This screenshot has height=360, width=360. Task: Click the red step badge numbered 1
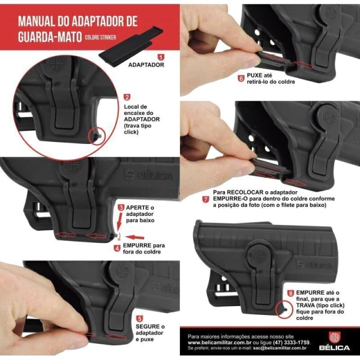[x=161, y=57]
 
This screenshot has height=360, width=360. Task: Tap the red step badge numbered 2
[x=127, y=97]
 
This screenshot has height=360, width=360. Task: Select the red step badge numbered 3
[x=121, y=208]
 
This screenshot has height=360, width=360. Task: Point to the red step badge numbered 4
[x=117, y=248]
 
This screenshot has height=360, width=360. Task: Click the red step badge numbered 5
[x=139, y=319]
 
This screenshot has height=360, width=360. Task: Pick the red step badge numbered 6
[x=241, y=79]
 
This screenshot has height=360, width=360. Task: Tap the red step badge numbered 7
[x=205, y=199]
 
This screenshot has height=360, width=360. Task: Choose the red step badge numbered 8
[x=291, y=293]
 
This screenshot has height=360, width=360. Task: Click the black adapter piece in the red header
[x=131, y=47]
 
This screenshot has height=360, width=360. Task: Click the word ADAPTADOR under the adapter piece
[x=146, y=65]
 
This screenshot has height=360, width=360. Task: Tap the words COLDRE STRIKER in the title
[x=100, y=38]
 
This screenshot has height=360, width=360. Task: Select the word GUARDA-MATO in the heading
[x=50, y=37]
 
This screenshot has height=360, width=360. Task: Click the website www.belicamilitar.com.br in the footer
[x=219, y=343]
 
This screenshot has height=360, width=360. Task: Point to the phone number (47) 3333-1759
[x=291, y=343]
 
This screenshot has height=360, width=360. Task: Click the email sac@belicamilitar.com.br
[x=280, y=348]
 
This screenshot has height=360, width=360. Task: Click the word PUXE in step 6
[x=255, y=75]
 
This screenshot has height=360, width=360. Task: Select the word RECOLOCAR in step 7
[x=242, y=192]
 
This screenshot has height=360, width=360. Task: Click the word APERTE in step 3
[x=137, y=208]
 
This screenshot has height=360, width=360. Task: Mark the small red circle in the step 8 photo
[x=284, y=310]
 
